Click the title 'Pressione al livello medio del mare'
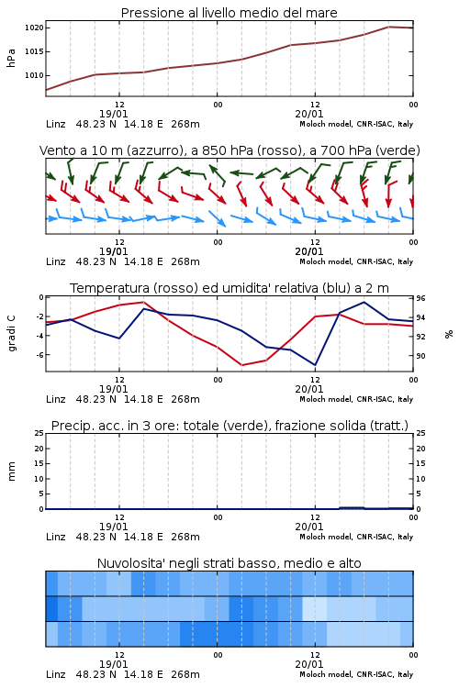(x=229, y=13)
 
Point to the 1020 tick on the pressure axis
(x=34, y=28)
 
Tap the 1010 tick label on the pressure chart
(x=34, y=75)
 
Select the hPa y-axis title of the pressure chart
(x=11, y=58)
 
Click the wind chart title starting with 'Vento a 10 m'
(x=229, y=150)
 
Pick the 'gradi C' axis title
(x=11, y=334)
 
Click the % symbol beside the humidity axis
(x=449, y=334)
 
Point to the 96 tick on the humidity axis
(x=420, y=298)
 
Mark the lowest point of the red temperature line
(x=242, y=365)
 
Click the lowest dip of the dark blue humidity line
(x=315, y=365)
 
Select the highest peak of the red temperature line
(x=143, y=302)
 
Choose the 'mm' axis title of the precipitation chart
(x=11, y=472)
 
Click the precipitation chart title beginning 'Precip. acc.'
(x=229, y=426)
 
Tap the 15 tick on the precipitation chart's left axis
(x=39, y=463)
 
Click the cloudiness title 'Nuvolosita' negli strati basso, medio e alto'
(x=229, y=563)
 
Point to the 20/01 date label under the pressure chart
(x=309, y=114)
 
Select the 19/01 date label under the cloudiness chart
(x=113, y=664)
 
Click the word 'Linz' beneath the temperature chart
(x=56, y=399)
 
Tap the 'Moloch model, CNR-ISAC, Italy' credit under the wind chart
(x=356, y=262)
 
